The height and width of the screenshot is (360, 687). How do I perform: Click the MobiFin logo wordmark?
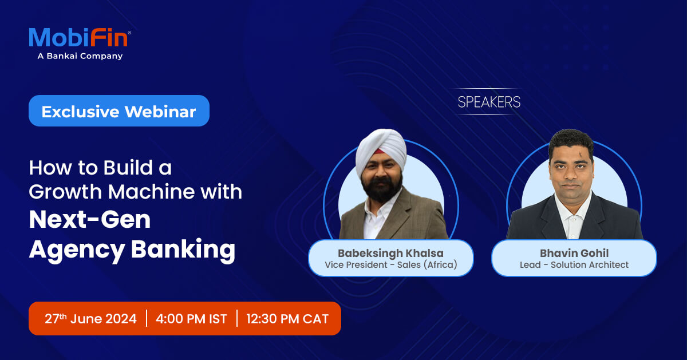(79, 38)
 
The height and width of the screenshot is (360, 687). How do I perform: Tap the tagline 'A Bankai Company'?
(80, 56)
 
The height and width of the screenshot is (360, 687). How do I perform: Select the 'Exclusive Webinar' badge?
(119, 111)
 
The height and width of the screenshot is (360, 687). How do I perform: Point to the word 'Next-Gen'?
(90, 220)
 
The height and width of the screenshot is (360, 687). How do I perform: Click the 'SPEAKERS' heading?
(489, 102)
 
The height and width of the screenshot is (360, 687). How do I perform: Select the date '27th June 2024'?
(90, 319)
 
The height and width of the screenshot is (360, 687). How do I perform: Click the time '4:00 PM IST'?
(191, 319)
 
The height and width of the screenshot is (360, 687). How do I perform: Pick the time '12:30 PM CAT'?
(287, 319)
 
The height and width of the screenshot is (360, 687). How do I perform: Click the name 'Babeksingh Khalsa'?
(391, 252)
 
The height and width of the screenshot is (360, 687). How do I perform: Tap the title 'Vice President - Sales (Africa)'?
(391, 265)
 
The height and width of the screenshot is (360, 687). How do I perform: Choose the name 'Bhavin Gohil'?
(574, 252)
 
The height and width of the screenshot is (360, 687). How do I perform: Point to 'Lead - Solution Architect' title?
(574, 265)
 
